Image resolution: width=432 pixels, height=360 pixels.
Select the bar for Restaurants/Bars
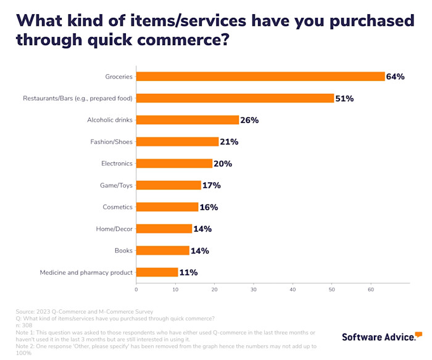pos(235,98)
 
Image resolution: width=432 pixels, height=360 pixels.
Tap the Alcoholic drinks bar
pos(188,120)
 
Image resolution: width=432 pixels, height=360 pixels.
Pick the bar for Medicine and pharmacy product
pos(157,272)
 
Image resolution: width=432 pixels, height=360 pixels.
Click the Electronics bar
pos(175,164)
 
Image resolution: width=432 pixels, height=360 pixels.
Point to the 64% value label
pos(395,77)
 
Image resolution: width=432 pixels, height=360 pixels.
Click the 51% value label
pos(344,98)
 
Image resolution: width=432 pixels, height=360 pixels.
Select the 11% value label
pos(189,272)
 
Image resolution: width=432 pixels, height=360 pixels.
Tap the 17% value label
pos(212,185)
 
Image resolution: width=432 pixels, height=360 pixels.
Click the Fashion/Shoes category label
pos(111,142)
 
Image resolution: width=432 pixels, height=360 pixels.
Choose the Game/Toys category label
pos(116,185)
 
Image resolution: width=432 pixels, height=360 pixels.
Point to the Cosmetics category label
pos(117,207)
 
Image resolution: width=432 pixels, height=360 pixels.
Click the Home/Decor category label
pos(114,228)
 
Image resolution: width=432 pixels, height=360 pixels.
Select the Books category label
pos(123,250)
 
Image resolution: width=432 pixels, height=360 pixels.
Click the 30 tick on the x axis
pos(254,288)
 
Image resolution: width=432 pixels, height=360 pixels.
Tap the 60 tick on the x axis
pos(371,288)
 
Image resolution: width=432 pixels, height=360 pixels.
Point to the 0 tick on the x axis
pos(136,288)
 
